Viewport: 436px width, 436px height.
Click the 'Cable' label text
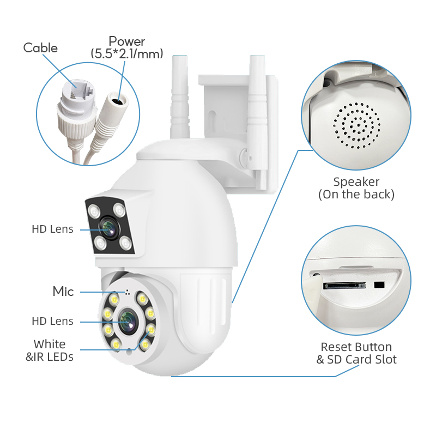pos(40,48)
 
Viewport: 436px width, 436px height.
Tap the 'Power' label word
pos(127,41)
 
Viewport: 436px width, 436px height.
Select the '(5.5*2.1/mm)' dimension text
pos(127,53)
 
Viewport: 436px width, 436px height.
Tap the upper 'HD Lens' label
pos(52,229)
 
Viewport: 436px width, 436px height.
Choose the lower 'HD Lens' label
pos(52,322)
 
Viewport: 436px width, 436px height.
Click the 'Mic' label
pos(63,292)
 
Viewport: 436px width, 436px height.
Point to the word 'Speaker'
pos(356,182)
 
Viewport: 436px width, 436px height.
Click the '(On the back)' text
pos(356,194)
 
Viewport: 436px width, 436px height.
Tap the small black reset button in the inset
pos(379,284)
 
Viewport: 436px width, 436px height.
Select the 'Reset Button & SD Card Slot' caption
pos(356,353)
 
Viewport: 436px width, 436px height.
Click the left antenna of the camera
pos(180,104)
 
